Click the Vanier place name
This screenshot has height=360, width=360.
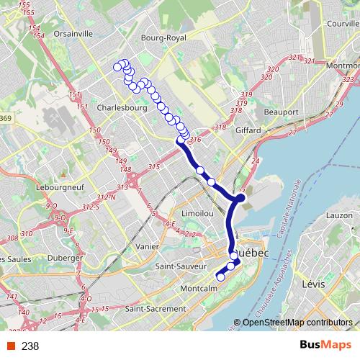(148, 246)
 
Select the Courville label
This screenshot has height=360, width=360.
(341, 23)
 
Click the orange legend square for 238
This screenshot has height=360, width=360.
(12, 346)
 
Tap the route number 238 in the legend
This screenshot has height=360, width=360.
(30, 346)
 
